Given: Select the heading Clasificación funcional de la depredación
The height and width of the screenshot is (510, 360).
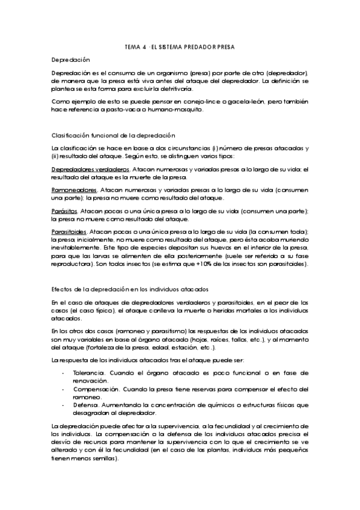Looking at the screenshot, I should tap(114, 135).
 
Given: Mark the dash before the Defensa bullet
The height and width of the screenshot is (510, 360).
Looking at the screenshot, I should tap(64, 405).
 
